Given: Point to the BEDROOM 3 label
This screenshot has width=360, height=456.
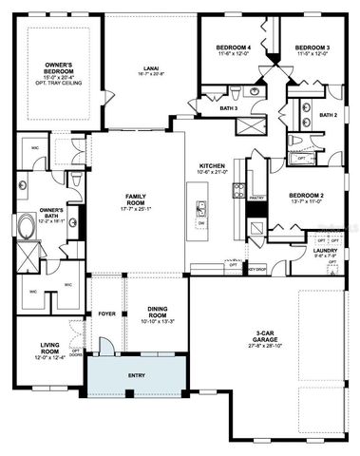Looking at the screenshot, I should [x=311, y=47].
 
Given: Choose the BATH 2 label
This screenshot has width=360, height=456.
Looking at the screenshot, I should [x=328, y=115].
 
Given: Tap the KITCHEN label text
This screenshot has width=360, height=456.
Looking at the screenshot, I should [x=212, y=163].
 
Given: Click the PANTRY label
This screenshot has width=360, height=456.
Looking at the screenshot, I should [x=254, y=200].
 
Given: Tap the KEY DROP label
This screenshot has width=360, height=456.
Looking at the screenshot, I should [x=256, y=269].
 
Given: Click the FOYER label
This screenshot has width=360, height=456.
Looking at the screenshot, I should [x=106, y=313].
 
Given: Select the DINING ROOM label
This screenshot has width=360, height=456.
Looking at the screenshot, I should [x=157, y=311].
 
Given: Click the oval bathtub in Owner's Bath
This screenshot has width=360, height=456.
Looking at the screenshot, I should [x=24, y=228].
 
